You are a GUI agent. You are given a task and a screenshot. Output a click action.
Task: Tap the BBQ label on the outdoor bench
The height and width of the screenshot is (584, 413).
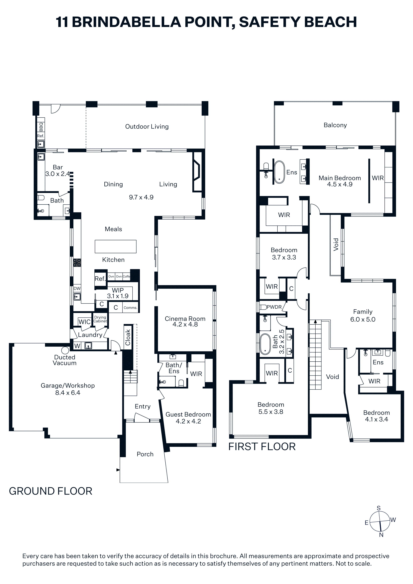tap(41, 127)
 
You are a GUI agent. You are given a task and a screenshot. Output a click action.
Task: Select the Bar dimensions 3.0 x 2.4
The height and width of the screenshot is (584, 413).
tap(57, 174)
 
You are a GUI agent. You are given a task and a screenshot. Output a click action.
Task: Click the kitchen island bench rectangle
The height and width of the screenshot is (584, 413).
tap(116, 247)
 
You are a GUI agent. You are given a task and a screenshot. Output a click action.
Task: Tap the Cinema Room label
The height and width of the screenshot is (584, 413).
tap(185, 319)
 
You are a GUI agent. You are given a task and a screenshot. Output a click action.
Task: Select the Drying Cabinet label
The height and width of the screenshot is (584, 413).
tap(100, 319)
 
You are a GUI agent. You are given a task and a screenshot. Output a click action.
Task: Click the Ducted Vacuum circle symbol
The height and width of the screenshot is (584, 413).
tap(65, 350)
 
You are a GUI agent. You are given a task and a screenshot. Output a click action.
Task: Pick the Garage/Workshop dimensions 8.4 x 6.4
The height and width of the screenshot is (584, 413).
tap(68, 393)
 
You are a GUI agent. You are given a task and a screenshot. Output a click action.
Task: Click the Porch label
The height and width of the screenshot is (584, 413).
tap(145, 454)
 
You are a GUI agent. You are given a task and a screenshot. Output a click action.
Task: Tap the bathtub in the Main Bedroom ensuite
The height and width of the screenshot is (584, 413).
tap(280, 172)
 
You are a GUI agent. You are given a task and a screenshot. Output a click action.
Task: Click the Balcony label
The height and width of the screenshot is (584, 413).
tap(335, 125)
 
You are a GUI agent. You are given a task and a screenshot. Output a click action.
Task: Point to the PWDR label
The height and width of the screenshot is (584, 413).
tap(274, 307)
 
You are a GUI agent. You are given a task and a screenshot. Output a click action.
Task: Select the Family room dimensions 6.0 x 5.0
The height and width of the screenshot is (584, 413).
tap(363, 319)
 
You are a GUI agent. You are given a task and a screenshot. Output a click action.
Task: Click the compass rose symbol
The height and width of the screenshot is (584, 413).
tap(380, 522)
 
